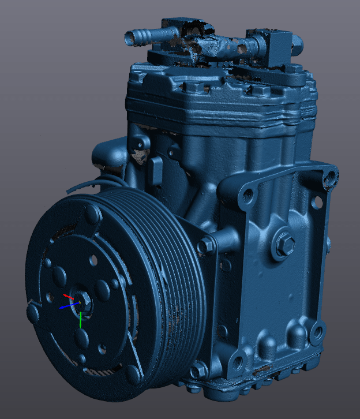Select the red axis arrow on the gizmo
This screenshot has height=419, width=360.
pos(69,297)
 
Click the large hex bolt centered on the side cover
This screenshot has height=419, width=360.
pos(284,244)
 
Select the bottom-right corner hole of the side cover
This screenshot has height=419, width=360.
pos(317,334)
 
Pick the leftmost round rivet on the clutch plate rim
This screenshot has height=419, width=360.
pos(33,313)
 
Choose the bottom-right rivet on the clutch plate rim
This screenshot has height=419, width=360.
pos(134,375)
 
